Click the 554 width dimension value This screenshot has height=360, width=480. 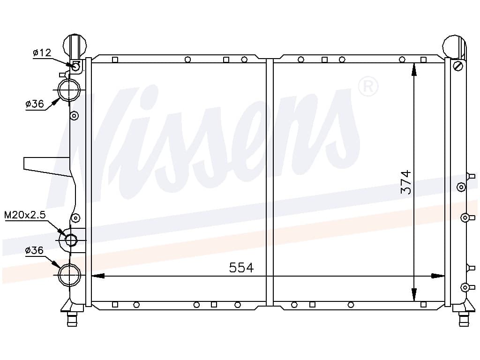(241, 268)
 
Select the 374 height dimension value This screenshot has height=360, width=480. (406, 182)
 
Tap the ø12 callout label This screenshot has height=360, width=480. (42, 52)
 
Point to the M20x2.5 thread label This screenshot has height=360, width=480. (25, 215)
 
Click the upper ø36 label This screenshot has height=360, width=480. (35, 104)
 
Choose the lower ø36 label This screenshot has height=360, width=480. (34, 250)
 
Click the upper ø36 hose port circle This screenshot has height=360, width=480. (69, 90)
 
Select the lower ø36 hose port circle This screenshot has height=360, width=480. (69, 275)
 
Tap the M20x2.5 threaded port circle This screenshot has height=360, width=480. (71, 240)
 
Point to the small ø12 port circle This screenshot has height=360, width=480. (76, 66)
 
